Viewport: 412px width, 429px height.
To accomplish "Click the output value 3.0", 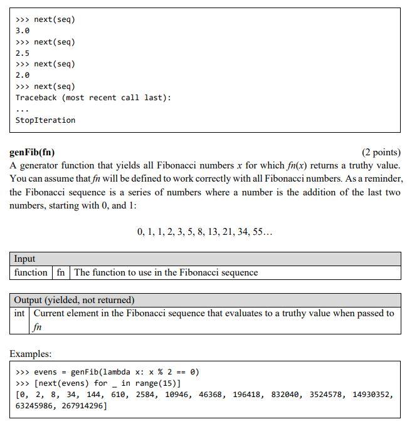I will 23,30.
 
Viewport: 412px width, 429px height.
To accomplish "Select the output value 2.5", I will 23,53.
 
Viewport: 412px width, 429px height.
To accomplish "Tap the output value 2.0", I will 23,75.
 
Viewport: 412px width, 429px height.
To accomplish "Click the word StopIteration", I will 45,120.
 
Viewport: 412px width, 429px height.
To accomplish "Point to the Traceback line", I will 93,98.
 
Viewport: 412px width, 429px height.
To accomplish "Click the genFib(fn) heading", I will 32,152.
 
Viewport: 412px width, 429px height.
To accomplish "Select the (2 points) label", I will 381,152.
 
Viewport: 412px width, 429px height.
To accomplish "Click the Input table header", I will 24,259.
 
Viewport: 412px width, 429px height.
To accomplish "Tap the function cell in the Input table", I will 31,272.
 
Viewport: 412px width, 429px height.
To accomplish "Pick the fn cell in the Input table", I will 60,272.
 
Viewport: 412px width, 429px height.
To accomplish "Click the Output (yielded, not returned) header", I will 74,300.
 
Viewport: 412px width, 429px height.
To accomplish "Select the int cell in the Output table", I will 19,313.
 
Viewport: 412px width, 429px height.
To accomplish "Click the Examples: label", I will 30,354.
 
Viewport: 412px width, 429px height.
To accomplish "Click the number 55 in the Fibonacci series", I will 260,232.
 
